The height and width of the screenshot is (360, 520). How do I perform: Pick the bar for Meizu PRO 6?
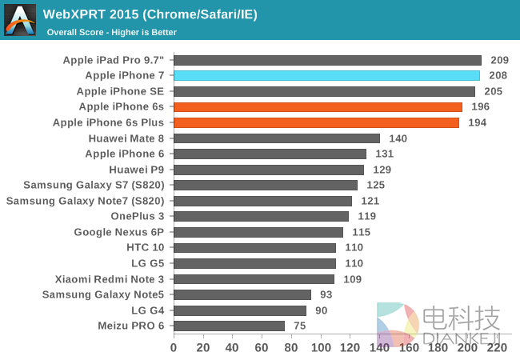229,326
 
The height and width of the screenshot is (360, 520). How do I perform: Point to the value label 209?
499,60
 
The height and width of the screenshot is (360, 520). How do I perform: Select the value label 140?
398,138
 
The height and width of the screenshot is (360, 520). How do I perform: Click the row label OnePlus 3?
137,216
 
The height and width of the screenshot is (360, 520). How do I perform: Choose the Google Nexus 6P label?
118,232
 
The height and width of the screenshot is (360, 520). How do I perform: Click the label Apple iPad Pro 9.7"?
114,60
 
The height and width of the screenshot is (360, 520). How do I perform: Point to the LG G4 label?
147,310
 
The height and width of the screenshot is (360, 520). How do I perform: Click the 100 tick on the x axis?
320,348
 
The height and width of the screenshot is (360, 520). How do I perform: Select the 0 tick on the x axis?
174,348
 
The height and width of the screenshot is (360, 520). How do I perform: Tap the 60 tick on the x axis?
262,348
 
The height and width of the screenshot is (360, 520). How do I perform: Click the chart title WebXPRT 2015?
150,14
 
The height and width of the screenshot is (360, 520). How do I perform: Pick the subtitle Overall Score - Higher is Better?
111,32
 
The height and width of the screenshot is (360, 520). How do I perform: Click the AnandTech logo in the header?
20,20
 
